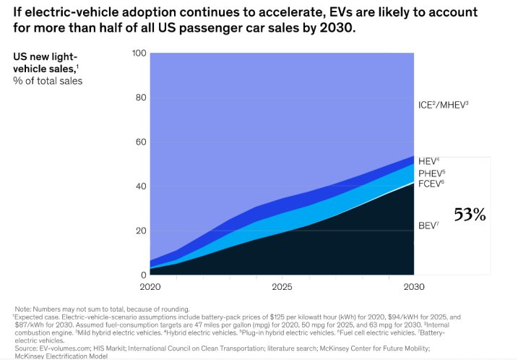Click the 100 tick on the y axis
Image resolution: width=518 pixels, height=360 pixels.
139,53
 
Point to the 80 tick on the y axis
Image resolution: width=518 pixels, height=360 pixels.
140,98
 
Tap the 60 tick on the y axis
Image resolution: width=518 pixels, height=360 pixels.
140,142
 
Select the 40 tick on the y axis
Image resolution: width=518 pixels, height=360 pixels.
140,187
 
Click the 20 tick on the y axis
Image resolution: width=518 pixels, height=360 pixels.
140,231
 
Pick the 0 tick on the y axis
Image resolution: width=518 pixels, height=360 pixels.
143,275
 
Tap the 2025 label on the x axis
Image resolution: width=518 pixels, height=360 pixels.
281,288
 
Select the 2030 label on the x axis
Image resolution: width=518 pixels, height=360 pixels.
413,288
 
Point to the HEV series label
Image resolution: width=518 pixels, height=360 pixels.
428,161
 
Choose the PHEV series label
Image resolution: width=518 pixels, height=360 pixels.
431,173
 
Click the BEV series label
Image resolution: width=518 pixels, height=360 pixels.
428,226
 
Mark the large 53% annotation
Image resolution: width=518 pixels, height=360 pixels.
470,214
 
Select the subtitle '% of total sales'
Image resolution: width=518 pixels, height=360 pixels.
48,81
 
